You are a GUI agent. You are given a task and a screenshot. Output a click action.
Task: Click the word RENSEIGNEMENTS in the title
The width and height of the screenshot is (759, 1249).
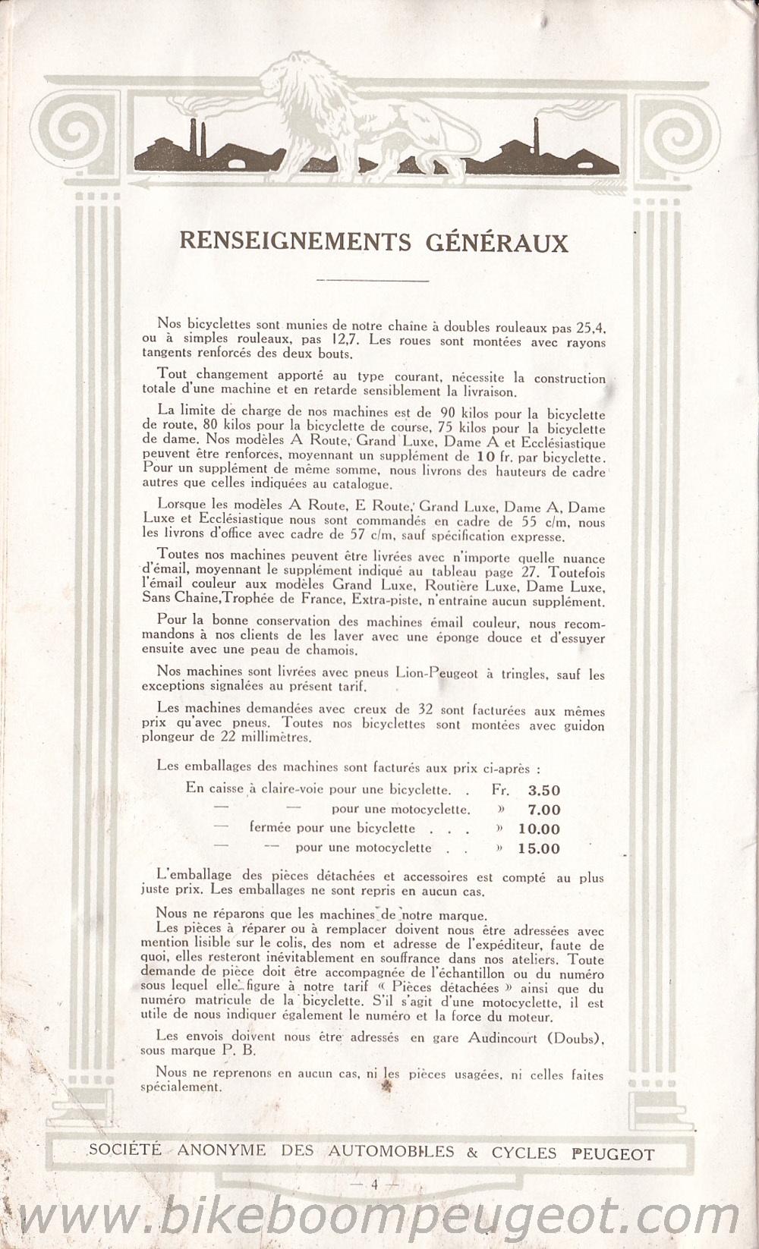pyautogui.click(x=295, y=242)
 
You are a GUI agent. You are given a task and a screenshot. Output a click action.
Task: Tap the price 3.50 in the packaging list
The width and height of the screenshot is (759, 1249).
pyautogui.click(x=543, y=790)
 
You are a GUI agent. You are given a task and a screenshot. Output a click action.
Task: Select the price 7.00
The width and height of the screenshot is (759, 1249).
pyautogui.click(x=543, y=810)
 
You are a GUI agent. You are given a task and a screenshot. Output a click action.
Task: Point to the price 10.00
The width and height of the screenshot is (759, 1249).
pyautogui.click(x=539, y=829)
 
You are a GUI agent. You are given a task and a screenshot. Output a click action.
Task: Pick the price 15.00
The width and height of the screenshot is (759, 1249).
pyautogui.click(x=539, y=849)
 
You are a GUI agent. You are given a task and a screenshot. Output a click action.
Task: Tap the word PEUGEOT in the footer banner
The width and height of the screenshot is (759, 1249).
pyautogui.click(x=613, y=1154)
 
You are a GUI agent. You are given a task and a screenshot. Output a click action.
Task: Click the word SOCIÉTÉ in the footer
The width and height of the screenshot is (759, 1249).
pyautogui.click(x=125, y=1150)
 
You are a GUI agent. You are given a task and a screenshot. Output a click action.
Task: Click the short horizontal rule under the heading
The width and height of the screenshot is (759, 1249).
pyautogui.click(x=373, y=280)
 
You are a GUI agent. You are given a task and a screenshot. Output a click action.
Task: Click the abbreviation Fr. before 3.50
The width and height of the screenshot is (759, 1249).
pyautogui.click(x=500, y=790)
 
